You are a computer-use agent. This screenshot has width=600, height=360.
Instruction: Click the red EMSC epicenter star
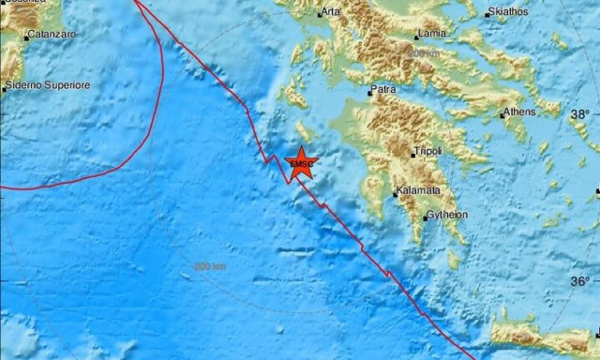tap(302, 163)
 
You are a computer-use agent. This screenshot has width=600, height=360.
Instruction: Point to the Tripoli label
tap(427, 151)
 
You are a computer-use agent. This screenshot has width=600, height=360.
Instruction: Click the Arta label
tap(331, 12)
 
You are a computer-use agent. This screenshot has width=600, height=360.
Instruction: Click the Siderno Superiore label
tap(49, 85)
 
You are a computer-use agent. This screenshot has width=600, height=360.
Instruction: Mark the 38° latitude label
tap(581, 114)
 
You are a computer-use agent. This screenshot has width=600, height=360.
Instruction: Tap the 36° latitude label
tap(581, 281)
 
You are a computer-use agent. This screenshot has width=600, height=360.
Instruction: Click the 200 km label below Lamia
tap(424, 54)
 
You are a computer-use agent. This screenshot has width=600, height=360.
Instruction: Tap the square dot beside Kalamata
tap(396, 193)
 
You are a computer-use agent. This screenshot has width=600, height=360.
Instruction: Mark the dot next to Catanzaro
tap(24, 36)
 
